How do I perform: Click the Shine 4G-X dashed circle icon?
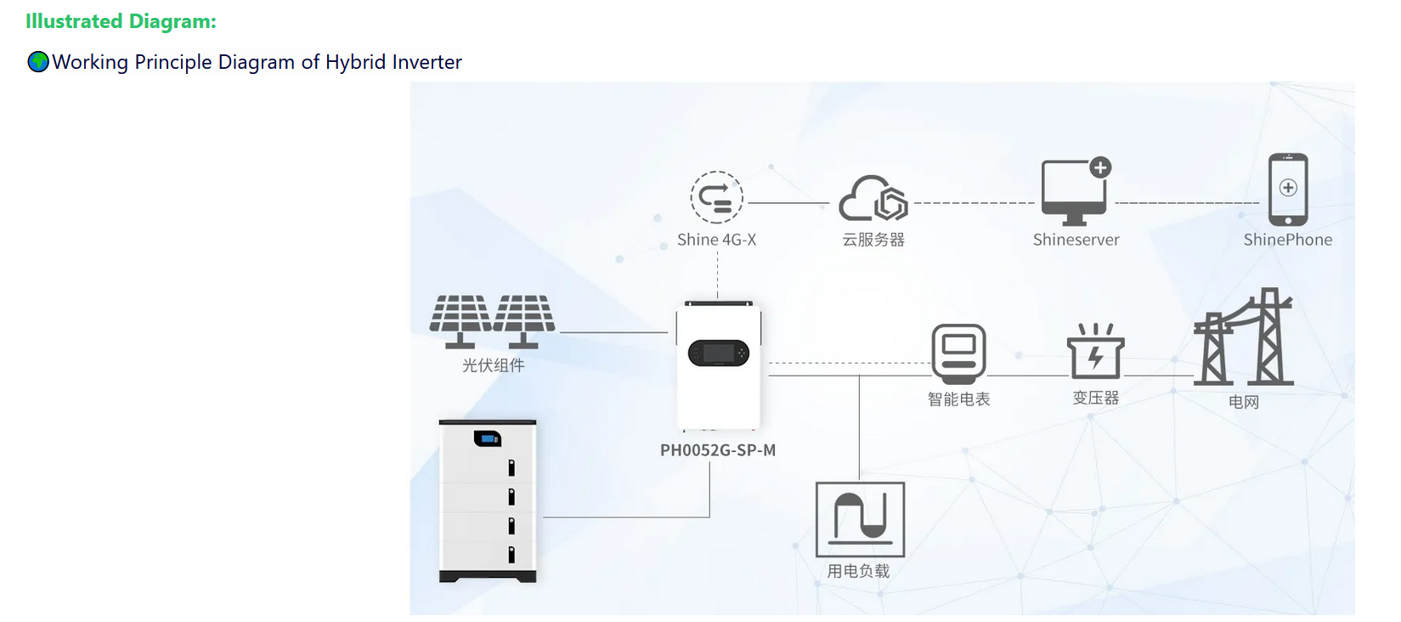tap(716, 198)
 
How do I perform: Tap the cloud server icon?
tap(873, 199)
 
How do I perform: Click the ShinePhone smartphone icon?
tap(1287, 189)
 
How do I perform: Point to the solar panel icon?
tap(492, 320)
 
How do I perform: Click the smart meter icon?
tap(958, 353)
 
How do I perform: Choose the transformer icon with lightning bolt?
tap(1095, 352)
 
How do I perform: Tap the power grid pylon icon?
tap(1244, 339)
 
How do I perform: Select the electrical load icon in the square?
tap(860, 519)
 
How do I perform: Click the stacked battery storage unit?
tap(488, 500)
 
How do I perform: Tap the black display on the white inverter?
tap(718, 353)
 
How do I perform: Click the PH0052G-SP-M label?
tap(718, 450)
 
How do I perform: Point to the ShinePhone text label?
tap(1287, 240)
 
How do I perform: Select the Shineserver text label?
tap(1076, 240)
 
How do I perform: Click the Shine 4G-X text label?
tap(716, 240)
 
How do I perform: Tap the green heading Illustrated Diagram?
tap(121, 22)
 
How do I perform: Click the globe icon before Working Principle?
tap(38, 62)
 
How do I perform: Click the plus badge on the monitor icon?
tap(1100, 167)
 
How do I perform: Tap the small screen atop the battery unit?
tap(487, 438)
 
